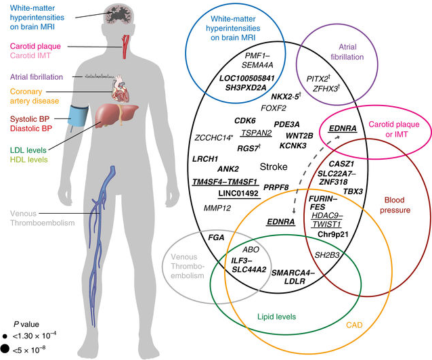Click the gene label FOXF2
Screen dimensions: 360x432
click(x=274, y=106)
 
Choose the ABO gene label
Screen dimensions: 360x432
click(x=242, y=249)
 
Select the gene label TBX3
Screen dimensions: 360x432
click(x=353, y=192)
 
